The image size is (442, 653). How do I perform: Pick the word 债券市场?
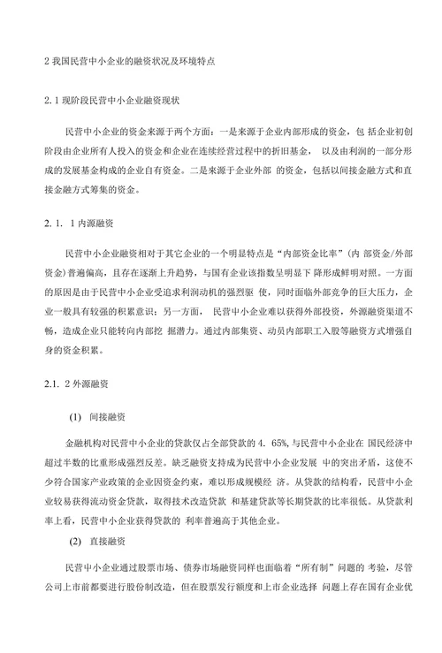(187, 588)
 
